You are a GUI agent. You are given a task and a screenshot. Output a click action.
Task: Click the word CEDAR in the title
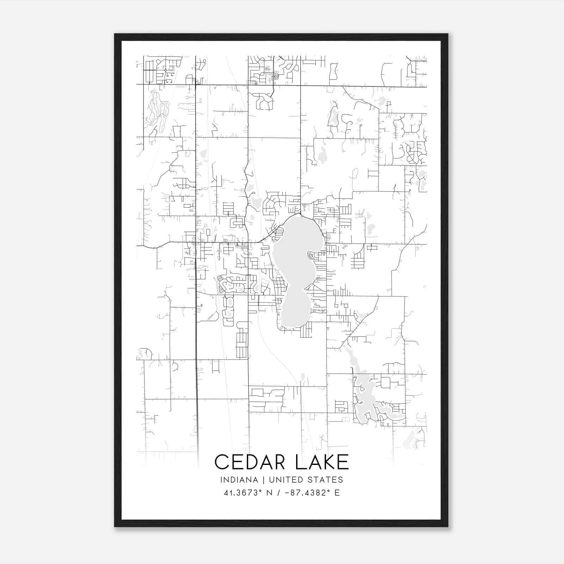pos(249,462)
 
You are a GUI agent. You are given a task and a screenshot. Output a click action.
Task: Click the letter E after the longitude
pos(337,493)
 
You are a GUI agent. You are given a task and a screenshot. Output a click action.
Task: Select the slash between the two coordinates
pos(280,493)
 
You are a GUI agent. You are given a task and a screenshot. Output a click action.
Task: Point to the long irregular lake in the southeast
pos(363,388)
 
